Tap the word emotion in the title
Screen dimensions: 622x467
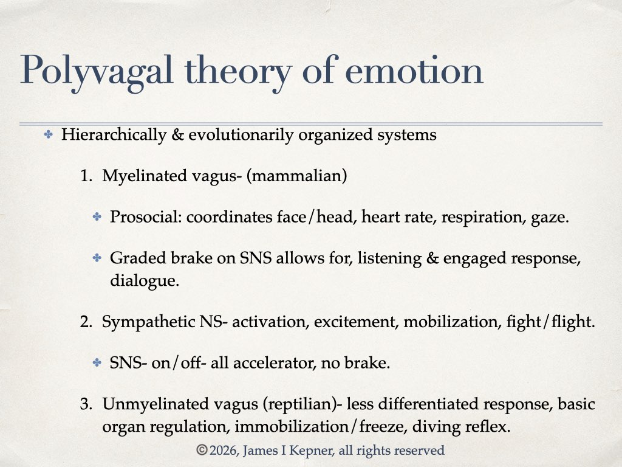[414, 71]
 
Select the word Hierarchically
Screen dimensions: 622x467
[114, 135]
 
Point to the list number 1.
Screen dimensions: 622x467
[86, 176]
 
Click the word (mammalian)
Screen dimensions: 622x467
[296, 176]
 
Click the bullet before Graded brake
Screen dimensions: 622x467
[97, 258]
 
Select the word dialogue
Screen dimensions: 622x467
[145, 281]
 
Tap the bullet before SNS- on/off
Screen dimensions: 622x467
[97, 362]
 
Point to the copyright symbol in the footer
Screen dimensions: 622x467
[202, 451]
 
